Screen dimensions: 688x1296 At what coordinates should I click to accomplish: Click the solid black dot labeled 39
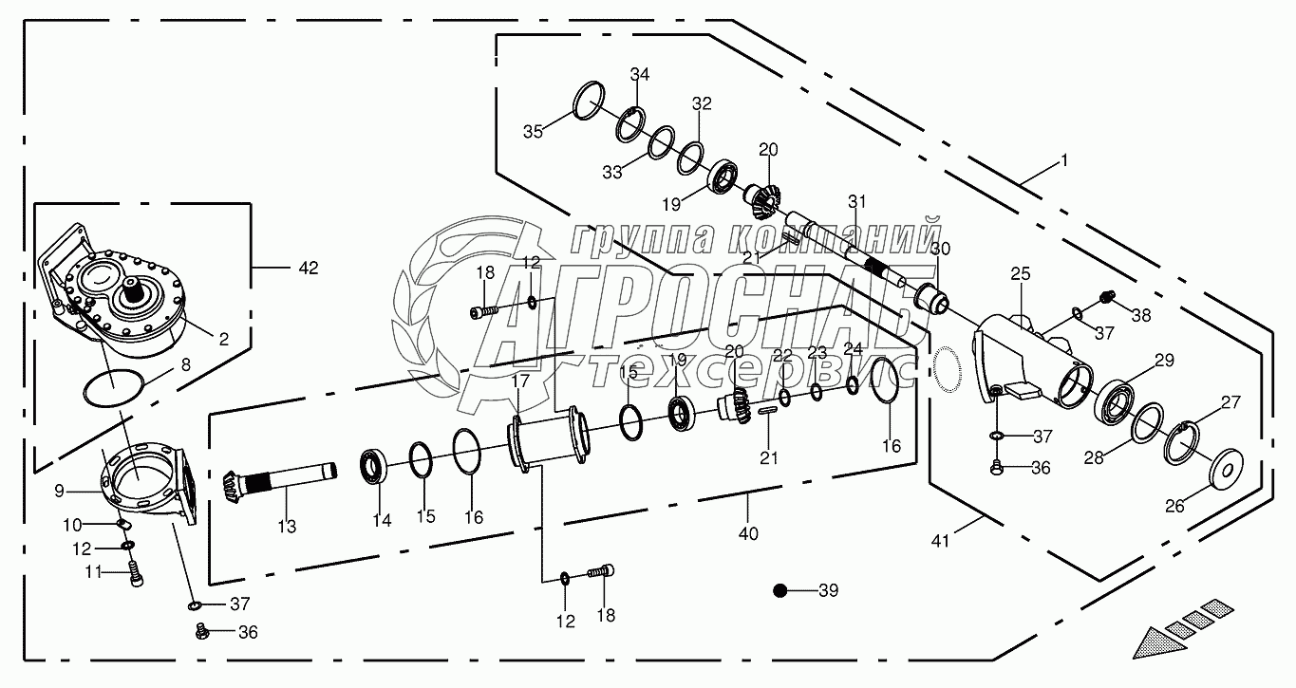point(780,591)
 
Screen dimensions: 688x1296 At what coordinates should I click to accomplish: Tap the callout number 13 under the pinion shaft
point(287,526)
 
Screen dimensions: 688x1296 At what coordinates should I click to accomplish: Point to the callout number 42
point(308,269)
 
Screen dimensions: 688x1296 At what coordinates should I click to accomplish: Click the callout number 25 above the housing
point(1020,274)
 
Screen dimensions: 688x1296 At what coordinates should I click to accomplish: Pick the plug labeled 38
point(1105,298)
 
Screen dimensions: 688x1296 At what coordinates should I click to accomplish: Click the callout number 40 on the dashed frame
point(748,533)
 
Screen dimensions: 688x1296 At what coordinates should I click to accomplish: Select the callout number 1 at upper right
point(1064,161)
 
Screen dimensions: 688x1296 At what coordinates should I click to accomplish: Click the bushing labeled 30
point(934,302)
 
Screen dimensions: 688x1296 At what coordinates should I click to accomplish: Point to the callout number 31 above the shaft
point(857,201)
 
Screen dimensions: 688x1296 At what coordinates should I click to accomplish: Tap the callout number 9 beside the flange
point(59,492)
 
